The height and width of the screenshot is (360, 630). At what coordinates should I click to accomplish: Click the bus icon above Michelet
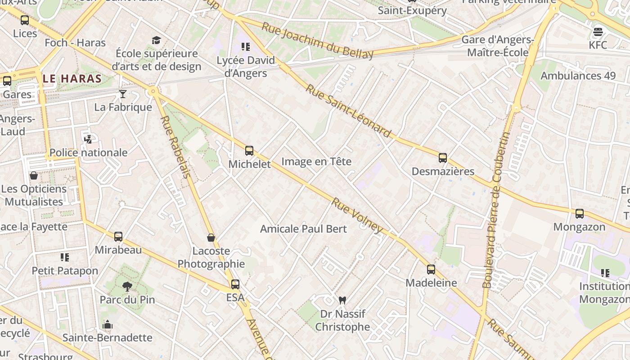coord(249,151)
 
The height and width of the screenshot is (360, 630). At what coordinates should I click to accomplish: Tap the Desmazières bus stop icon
coord(443,158)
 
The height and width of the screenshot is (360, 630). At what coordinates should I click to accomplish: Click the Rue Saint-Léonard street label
coord(348,110)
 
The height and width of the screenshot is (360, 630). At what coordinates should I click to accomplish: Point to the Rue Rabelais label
coord(175,147)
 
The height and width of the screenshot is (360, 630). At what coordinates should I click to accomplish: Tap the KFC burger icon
coord(598,32)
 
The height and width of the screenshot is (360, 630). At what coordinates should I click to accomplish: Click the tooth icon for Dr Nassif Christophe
coord(342,300)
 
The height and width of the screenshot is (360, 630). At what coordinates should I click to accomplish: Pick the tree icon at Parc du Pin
coord(127,286)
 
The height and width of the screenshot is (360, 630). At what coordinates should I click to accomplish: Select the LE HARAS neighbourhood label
coord(72,79)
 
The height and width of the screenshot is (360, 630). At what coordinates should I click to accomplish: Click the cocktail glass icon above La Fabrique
coord(122,94)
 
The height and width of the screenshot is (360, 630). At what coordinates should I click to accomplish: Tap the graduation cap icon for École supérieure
coord(156,40)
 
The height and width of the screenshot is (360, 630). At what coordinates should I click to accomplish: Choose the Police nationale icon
coord(88,139)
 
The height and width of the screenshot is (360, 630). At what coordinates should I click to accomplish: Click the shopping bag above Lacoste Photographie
coord(211,238)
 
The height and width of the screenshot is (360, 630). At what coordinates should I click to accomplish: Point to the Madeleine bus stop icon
coord(431,270)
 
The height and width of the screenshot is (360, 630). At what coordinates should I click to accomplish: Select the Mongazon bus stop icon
coord(580,213)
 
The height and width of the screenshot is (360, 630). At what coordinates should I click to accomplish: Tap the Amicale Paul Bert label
coord(303,229)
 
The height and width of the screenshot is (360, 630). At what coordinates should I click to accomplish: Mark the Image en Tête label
coord(316,162)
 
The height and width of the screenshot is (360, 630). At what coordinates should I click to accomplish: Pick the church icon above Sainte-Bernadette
coord(107,324)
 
